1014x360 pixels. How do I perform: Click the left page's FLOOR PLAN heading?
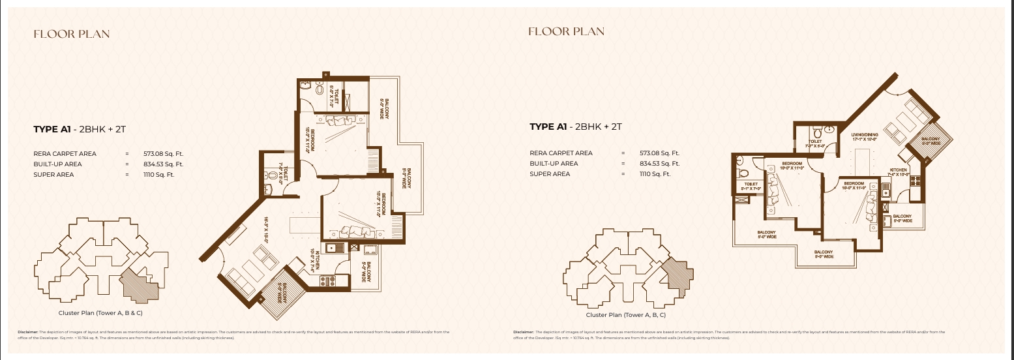tap(72, 35)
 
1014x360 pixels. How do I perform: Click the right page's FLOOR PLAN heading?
tap(566, 31)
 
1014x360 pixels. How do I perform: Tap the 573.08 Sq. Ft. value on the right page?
tap(659, 153)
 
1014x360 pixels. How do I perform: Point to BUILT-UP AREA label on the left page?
tap(57, 164)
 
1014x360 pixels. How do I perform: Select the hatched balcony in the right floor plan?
tap(930, 140)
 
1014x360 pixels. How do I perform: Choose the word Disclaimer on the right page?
tap(524, 332)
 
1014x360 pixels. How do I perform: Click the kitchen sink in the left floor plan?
tap(335, 248)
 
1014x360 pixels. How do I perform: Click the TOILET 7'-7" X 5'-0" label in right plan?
tap(818, 144)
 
